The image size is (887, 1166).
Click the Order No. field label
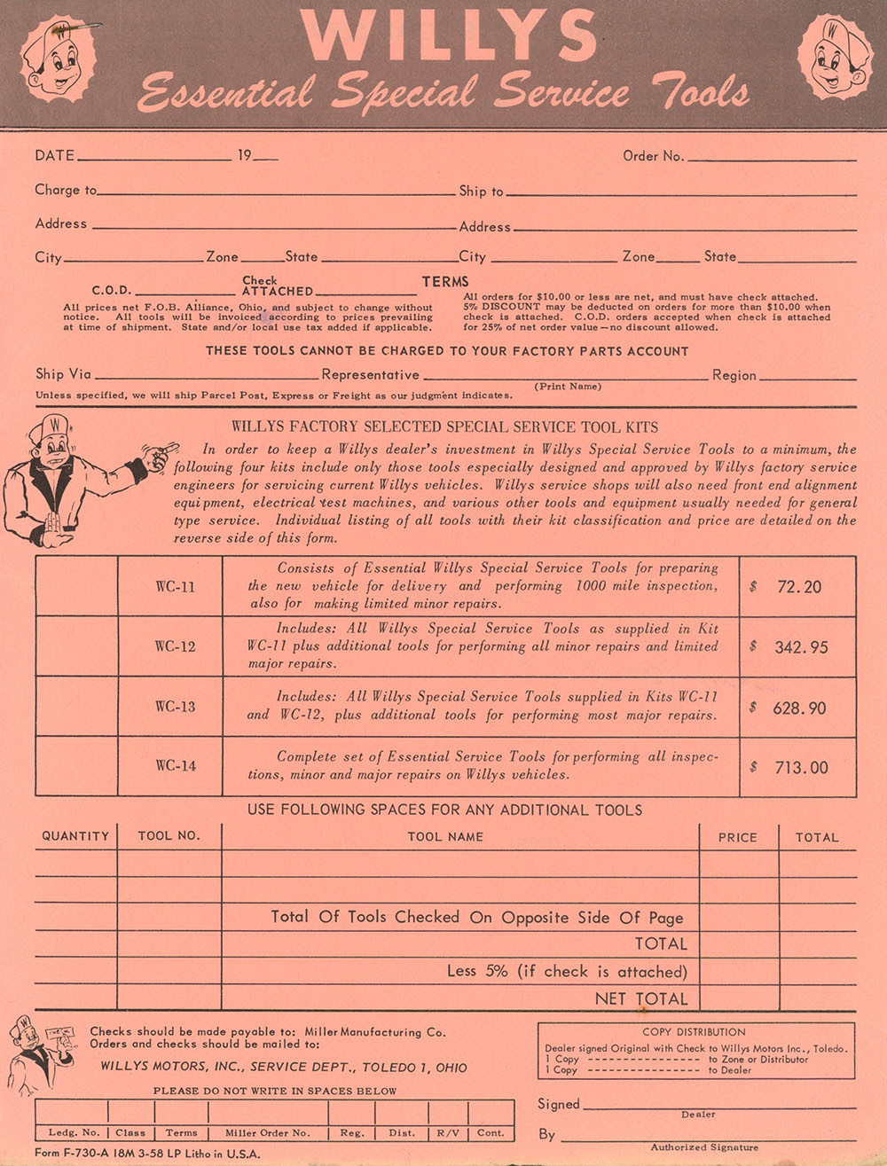654,156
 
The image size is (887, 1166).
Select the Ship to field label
481,191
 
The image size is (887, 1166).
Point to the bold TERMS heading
445,282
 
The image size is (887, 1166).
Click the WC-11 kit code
175,587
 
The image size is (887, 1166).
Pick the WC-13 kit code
175,707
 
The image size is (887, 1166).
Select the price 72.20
798,587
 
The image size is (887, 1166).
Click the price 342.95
801,647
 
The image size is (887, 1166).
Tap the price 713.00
801,768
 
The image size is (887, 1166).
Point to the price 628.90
800,708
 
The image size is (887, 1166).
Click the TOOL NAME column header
445,836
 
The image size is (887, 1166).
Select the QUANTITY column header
75,836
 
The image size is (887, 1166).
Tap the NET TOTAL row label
640,998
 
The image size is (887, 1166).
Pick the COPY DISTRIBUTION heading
695,1032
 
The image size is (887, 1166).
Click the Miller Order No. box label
267,1133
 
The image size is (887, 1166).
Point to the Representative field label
370,375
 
